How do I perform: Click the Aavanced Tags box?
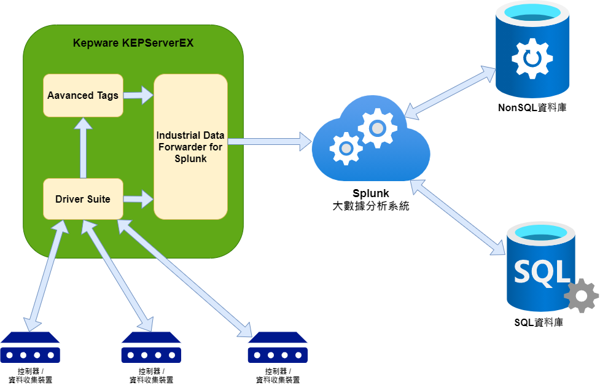click(83, 95)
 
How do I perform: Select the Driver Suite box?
click(83, 199)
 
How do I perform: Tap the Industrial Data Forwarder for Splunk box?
click(190, 146)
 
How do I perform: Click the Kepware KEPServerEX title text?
click(133, 43)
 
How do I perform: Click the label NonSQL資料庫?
click(532, 108)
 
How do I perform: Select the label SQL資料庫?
click(539, 322)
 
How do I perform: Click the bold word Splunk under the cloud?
click(370, 194)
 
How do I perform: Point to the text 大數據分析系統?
click(370, 206)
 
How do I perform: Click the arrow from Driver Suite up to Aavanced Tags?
click(83, 147)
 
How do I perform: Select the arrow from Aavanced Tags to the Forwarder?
click(138, 95)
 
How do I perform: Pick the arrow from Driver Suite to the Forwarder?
click(138, 199)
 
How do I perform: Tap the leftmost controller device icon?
click(30, 348)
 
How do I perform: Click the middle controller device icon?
click(151, 348)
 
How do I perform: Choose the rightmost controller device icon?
click(278, 348)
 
